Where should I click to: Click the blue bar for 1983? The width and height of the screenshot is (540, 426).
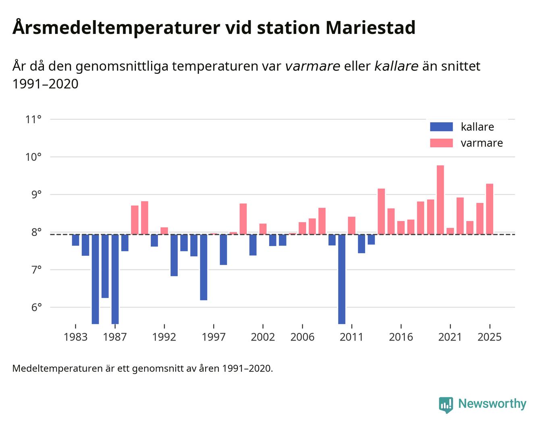tap(75, 240)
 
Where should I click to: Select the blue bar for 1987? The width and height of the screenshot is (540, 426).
tap(115, 278)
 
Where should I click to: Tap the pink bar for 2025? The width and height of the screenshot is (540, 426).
tap(490, 209)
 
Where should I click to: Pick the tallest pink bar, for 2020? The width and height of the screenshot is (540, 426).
tap(440, 200)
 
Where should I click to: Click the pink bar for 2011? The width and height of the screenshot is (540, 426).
tap(351, 226)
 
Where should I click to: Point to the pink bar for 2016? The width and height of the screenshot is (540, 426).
tap(401, 228)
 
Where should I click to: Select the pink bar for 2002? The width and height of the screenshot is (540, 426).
tap(263, 229)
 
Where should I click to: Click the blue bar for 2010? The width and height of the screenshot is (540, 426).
tap(342, 278)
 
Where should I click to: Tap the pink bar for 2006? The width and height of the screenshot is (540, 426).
tap(302, 228)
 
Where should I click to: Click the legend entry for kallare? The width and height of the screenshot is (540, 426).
tap(477, 127)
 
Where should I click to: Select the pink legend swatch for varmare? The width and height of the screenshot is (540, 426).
tap(441, 143)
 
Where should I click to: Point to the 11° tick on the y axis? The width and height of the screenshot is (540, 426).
tap(33, 119)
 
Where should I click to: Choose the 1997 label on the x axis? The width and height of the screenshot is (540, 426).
tap(214, 337)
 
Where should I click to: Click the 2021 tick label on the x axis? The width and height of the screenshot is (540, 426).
tap(450, 337)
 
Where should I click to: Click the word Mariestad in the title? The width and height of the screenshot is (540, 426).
tap(370, 28)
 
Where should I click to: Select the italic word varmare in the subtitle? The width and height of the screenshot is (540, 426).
tap(312, 66)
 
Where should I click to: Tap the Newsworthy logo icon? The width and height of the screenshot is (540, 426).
tap(446, 405)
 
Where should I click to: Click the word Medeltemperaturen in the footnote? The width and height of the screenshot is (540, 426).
tap(58, 368)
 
